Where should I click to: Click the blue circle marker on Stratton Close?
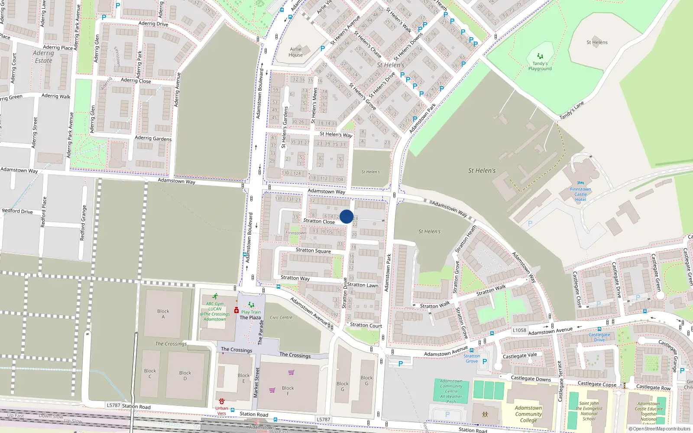click(346, 216)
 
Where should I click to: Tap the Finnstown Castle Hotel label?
click(580, 194)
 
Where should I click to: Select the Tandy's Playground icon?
click(540, 56)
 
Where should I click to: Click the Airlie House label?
click(296, 52)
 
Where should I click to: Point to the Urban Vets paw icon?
click(222, 401)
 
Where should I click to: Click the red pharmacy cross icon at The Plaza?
click(236, 310)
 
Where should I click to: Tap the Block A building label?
click(163, 314)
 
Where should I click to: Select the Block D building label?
click(185, 375)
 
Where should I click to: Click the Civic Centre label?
click(281, 317)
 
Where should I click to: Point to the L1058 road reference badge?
click(519, 330)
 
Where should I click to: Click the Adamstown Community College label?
click(528, 414)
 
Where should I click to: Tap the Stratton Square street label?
click(313, 250)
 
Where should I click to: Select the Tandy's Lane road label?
click(571, 111)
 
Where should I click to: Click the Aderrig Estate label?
click(43, 57)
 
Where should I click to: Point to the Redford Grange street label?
click(83, 223)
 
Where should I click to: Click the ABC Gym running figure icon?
click(215, 297)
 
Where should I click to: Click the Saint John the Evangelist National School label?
click(589, 411)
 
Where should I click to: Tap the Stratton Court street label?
click(366, 325)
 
